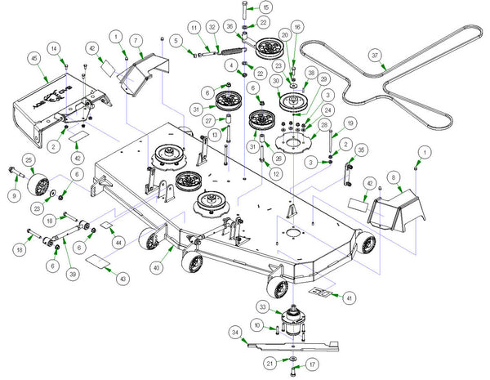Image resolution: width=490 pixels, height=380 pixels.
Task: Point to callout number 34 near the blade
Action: [235, 333]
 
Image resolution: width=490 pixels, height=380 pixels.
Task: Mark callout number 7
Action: [137, 39]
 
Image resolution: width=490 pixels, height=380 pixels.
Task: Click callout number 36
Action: [229, 26]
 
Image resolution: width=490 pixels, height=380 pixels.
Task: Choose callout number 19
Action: [349, 124]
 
